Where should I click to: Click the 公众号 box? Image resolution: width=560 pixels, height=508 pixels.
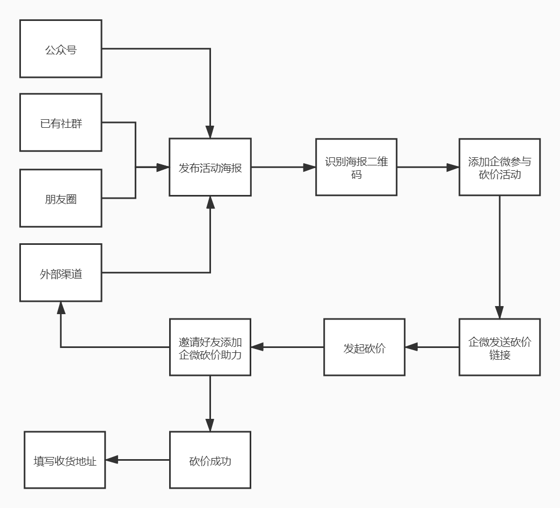[61, 49]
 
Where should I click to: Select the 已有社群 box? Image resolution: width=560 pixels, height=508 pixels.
[61, 122]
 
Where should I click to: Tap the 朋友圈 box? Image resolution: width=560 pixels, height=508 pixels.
[61, 198]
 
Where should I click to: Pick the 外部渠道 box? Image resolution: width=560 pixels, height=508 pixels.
[61, 273]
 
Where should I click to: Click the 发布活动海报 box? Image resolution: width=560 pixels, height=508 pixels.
[210, 167]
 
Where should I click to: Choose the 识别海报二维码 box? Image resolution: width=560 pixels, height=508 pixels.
[356, 167]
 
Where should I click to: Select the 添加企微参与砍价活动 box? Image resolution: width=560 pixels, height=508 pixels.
[499, 167]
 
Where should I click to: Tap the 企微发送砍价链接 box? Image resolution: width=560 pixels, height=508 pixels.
[499, 347]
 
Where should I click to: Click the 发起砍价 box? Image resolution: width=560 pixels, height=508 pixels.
[364, 347]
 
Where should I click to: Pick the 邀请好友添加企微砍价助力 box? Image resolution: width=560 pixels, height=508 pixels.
[210, 347]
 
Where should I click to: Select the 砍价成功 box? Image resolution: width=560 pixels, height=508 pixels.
[210, 460]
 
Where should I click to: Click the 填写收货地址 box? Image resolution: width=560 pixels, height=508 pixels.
[64, 460]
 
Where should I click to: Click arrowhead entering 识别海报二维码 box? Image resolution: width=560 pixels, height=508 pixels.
[309, 167]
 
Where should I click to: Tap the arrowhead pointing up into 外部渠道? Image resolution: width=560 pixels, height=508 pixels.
[61, 308]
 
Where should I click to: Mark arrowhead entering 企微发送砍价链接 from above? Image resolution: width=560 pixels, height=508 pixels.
[499, 313]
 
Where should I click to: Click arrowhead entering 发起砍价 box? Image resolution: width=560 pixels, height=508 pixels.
[411, 347]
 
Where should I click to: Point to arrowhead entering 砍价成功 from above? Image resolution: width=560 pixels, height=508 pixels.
[210, 425]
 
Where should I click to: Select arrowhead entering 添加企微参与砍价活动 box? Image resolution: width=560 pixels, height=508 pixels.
[453, 167]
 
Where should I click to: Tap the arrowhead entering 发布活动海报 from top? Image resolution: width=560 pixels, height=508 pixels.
[210, 132]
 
